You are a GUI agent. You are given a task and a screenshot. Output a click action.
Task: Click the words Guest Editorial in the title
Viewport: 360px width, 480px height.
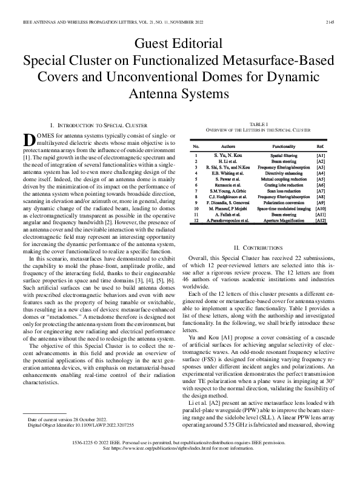click(179, 43)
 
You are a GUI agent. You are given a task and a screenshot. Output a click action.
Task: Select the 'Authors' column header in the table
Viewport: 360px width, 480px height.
click(228, 147)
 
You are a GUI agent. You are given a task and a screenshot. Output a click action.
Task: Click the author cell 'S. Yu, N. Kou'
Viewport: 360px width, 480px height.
click(228, 156)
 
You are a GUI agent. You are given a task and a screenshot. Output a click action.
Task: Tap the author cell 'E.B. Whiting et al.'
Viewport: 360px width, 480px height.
click(228, 173)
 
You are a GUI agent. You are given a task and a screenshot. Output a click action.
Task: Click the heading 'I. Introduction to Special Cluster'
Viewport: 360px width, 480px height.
click(99, 124)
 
